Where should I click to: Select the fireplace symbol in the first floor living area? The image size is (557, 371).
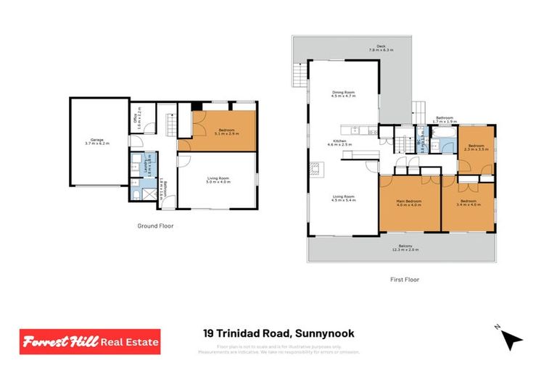tap(313, 170)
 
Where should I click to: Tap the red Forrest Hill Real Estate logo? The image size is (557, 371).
tap(90, 341)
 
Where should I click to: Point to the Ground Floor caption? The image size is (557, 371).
tap(155, 226)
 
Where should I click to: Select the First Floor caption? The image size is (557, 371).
tap(405, 279)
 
